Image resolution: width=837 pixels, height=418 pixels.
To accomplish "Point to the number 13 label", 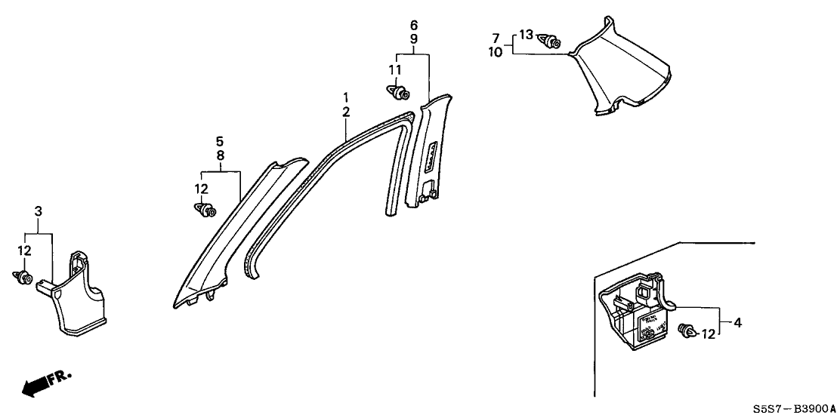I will [526, 34].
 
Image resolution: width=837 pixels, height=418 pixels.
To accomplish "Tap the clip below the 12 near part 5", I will [205, 210].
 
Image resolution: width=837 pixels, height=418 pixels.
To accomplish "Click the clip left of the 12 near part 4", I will [687, 331].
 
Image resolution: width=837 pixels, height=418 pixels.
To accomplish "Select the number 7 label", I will [496, 38].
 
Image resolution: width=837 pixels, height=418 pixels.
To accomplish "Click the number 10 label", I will [496, 52].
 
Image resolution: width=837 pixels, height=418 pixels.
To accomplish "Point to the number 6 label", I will [414, 23].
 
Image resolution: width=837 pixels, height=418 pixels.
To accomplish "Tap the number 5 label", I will [220, 140].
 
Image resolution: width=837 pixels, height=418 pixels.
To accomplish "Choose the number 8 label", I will [220, 155].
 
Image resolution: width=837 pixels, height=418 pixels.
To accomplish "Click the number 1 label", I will [345, 97].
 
